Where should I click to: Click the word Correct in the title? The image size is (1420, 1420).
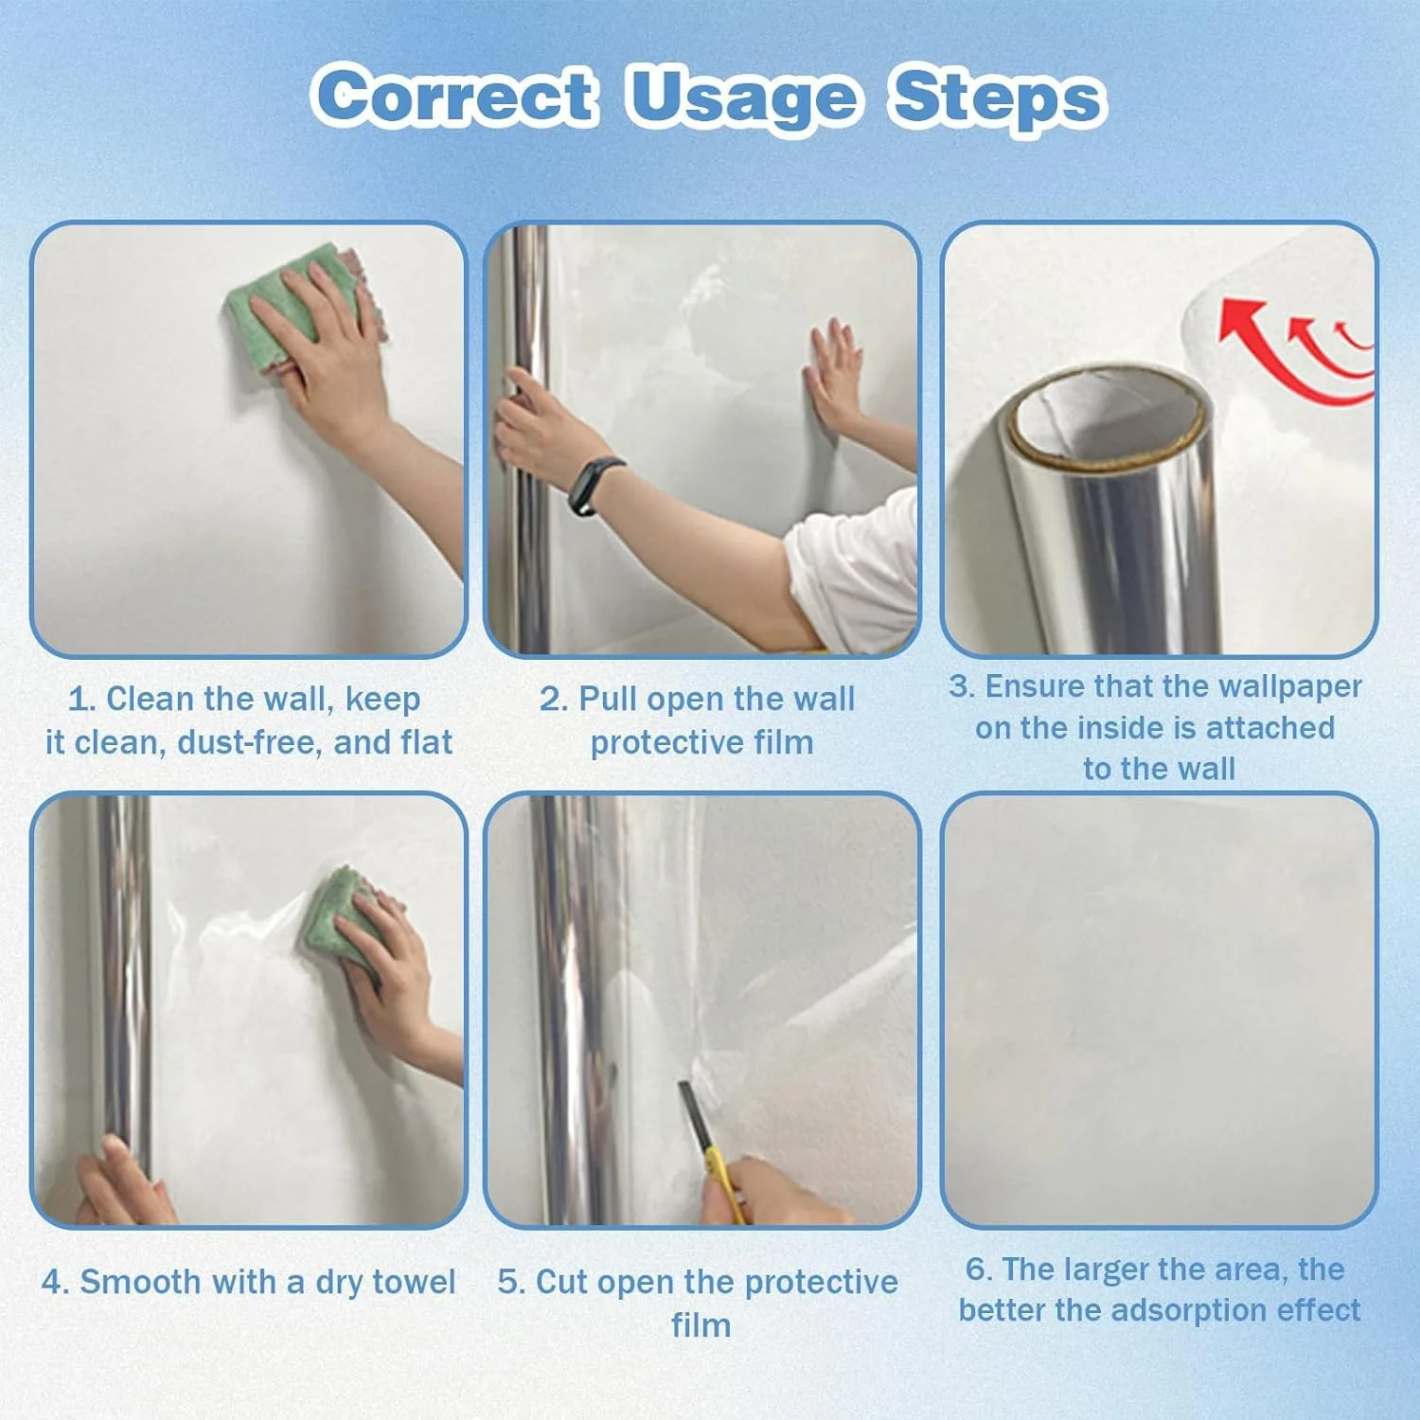(x=455, y=96)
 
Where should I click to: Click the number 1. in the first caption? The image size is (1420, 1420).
(x=81, y=700)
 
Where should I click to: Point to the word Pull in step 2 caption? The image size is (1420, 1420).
(x=610, y=699)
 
